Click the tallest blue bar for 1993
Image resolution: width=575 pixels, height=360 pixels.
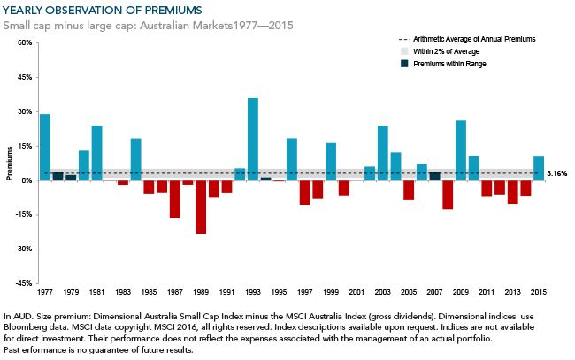(x=253, y=139)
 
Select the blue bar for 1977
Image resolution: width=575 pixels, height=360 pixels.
(x=45, y=147)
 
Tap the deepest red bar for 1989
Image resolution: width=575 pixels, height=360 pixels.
(x=201, y=207)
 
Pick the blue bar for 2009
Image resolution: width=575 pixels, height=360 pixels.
(x=461, y=150)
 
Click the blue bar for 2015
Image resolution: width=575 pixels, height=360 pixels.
(x=539, y=168)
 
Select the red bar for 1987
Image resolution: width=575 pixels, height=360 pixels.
(x=175, y=199)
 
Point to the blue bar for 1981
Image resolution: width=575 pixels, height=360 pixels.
(x=96, y=153)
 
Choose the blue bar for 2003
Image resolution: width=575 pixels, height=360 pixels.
(x=383, y=153)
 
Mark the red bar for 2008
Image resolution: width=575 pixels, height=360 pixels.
(x=448, y=195)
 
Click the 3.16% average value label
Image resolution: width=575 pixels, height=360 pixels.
(x=556, y=173)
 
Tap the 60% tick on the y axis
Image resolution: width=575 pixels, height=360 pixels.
(x=24, y=42)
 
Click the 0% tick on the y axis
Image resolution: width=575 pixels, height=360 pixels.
(x=27, y=180)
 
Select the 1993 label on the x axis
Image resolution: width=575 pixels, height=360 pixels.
(x=253, y=291)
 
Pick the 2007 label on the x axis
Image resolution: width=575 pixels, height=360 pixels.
(x=434, y=291)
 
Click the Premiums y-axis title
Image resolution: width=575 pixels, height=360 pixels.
(x=10, y=163)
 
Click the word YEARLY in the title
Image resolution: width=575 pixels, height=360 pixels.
(x=27, y=10)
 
